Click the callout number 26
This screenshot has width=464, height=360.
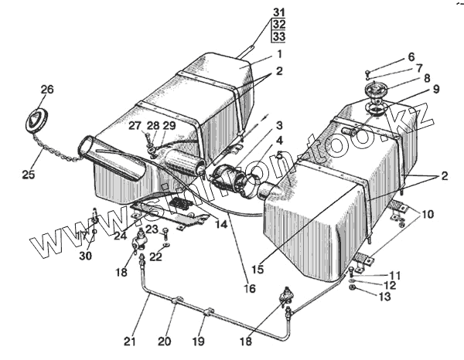47,90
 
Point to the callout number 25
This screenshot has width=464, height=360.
29,175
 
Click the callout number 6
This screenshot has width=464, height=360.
411,56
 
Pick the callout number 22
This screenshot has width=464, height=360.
155,256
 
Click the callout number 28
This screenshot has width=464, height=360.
152,125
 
